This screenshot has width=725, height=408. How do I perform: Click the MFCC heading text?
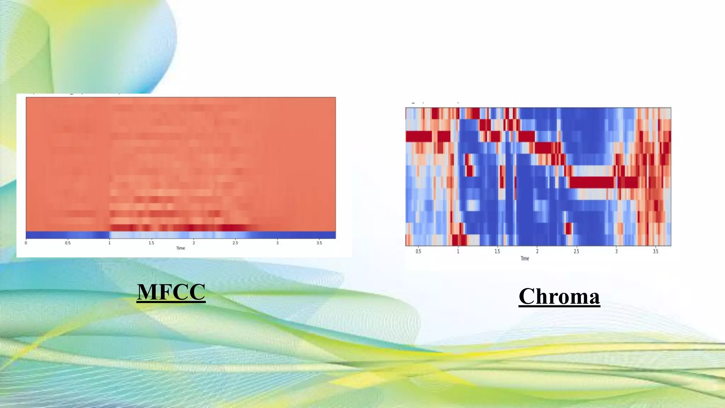click(x=171, y=292)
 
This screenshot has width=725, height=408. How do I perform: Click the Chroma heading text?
click(x=559, y=296)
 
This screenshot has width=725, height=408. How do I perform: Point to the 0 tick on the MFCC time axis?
click(x=26, y=243)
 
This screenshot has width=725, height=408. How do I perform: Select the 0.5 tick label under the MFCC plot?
click(x=68, y=243)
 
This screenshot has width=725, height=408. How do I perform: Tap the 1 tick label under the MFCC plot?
click(x=109, y=243)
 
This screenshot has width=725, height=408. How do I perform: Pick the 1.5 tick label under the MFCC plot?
click(x=151, y=243)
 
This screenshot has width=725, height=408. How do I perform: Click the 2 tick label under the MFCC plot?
click(x=194, y=243)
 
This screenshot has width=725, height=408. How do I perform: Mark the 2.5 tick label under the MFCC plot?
click(x=235, y=243)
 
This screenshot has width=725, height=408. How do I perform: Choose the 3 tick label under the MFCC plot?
click(x=277, y=243)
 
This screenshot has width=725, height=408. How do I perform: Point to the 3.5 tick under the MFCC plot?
click(x=319, y=243)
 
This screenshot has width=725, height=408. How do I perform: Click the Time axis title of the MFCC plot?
click(x=181, y=248)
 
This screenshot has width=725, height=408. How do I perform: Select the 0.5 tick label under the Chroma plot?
click(x=418, y=251)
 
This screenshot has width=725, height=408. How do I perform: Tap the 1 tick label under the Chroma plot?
click(x=458, y=251)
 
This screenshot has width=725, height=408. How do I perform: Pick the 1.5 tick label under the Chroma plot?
click(x=497, y=251)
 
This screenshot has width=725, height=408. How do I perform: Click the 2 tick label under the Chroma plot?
click(x=537, y=251)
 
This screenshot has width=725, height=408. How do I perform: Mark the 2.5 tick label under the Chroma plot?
click(x=576, y=251)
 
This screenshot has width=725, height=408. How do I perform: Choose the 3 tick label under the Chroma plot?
click(x=616, y=251)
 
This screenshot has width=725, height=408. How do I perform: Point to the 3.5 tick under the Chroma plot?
click(x=656, y=251)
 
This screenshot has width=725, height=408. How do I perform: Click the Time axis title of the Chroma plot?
click(x=525, y=259)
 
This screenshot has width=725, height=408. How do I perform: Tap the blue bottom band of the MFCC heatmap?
click(x=181, y=235)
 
